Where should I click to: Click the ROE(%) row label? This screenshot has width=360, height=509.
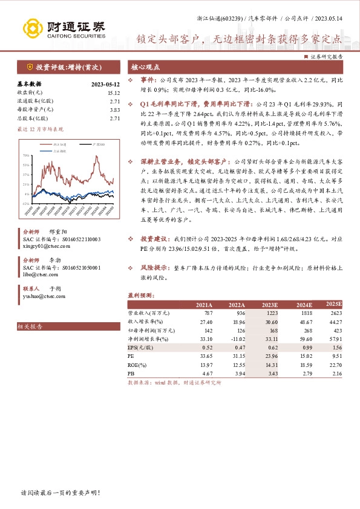tap(138, 365)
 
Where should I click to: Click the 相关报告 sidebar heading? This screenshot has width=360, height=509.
tap(31, 326)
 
